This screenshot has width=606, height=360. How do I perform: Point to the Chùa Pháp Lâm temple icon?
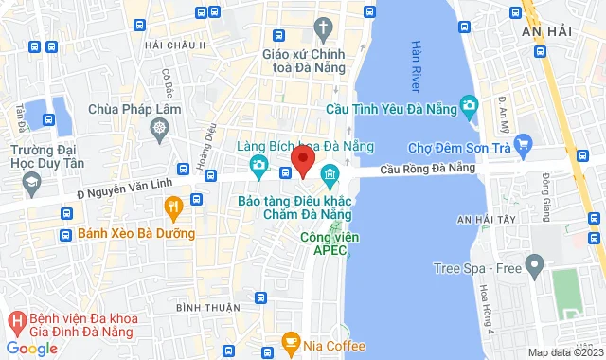pos(160,127)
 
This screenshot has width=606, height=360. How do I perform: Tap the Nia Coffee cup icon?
pos(292,340)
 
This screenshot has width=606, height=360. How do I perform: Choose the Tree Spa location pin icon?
pos(535,262)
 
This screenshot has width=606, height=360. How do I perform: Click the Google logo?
pos(33,348)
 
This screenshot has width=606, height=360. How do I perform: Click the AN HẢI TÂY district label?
pos(490,220)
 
